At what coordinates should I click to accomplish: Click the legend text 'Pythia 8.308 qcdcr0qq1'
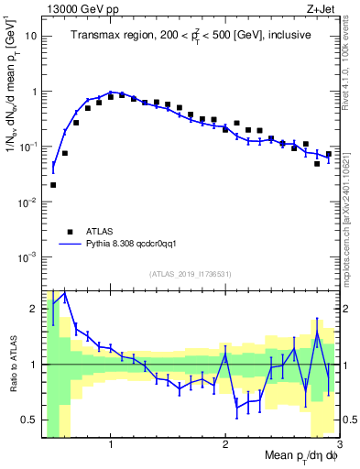(x=137, y=245)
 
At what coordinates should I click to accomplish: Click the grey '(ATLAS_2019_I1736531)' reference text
(x=190, y=274)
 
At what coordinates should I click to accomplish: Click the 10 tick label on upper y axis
(x=30, y=37)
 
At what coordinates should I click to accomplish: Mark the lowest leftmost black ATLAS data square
(x=53, y=185)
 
